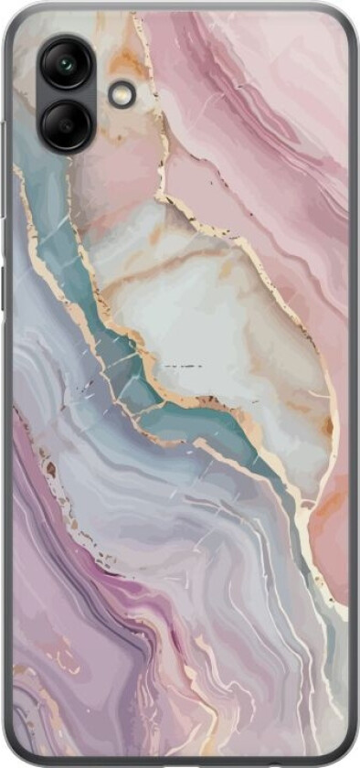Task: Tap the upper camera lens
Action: tap(66, 65)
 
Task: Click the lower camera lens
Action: tap(66, 123)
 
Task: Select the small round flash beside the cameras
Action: tap(121, 94)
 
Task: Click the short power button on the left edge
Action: tap(5, 275)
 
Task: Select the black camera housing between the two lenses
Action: tap(66, 93)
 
